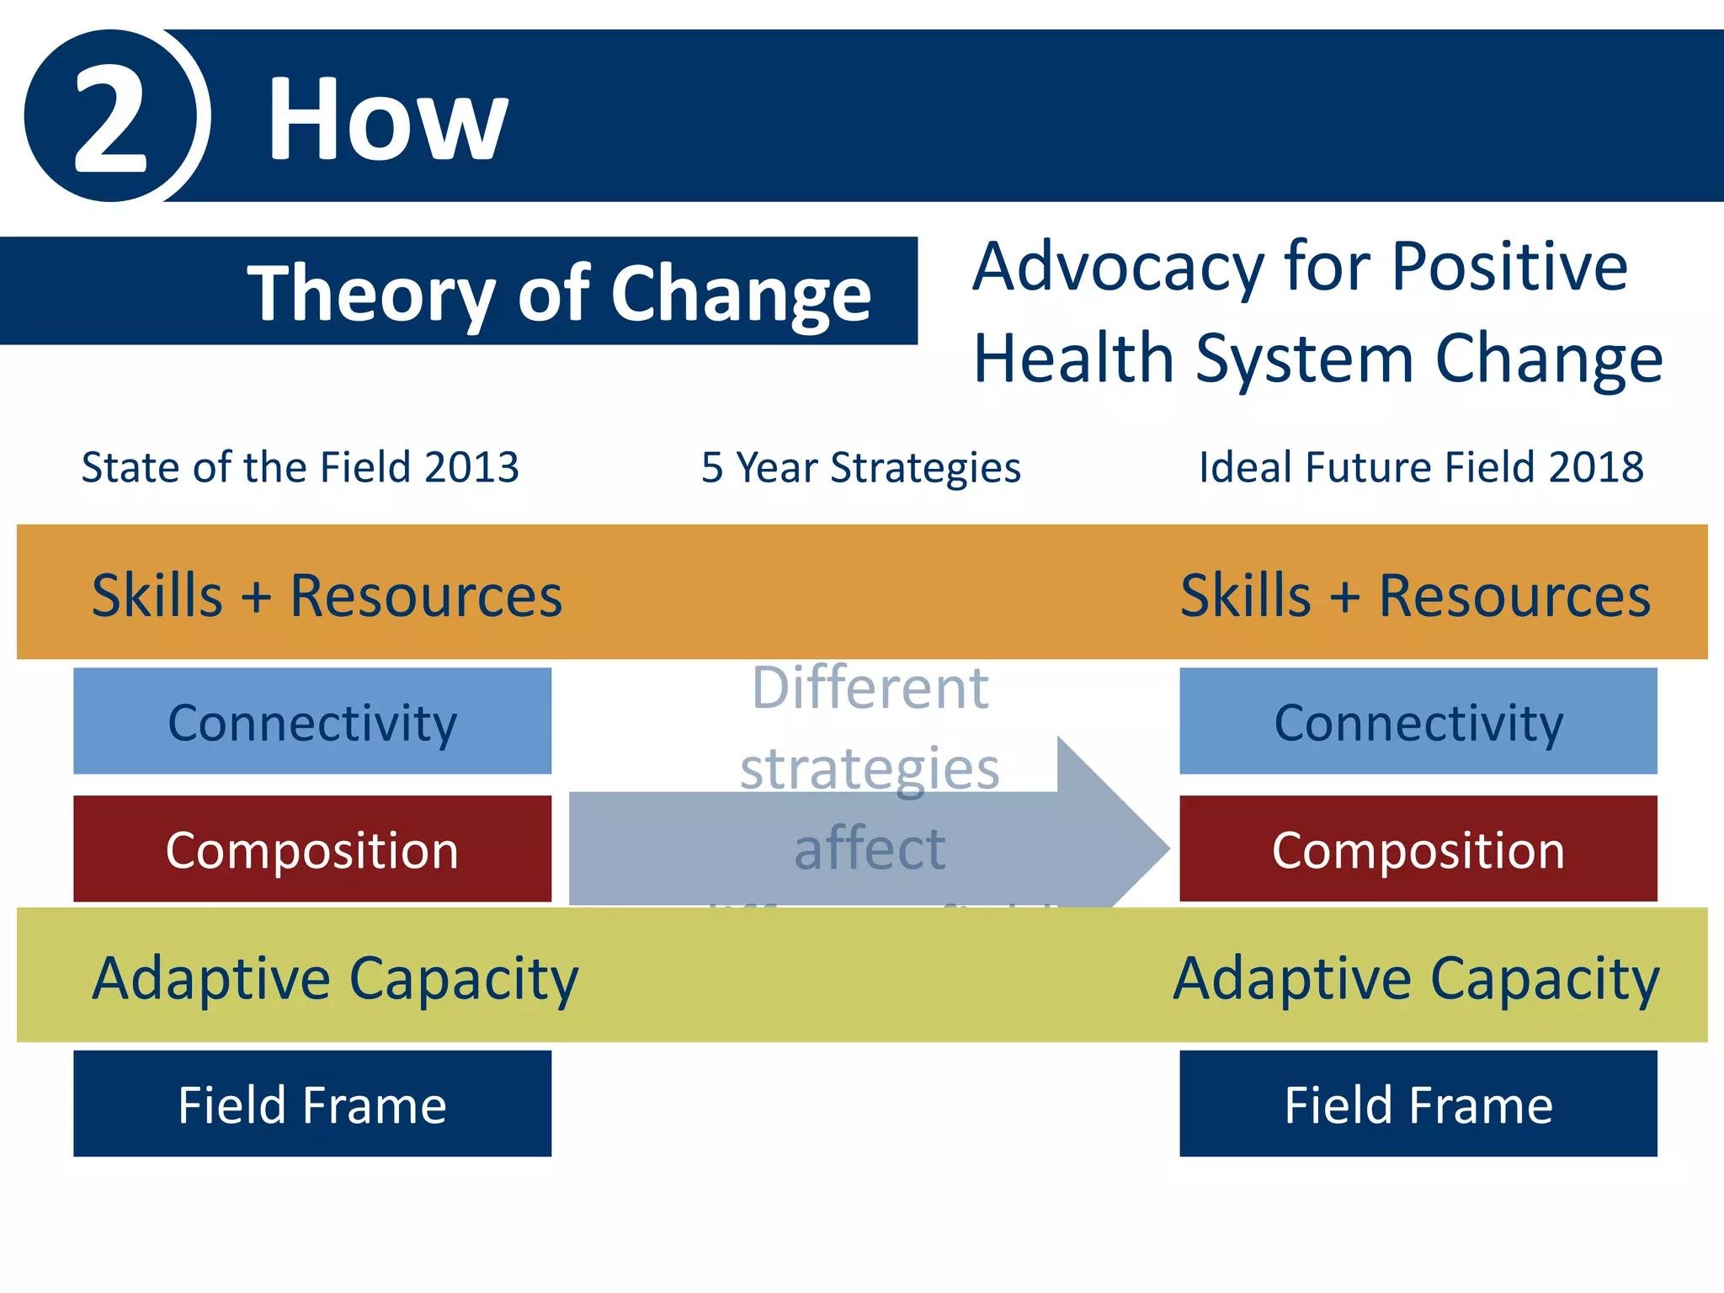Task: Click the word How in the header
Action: click(387, 119)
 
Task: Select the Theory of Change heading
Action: click(559, 293)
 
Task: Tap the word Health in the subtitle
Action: click(1072, 359)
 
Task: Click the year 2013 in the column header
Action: click(471, 467)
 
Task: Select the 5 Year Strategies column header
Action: click(860, 468)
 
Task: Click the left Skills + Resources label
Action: click(327, 596)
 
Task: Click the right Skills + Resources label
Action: click(1415, 596)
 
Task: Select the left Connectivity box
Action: click(312, 721)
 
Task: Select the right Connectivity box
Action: click(1418, 721)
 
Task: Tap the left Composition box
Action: click(312, 849)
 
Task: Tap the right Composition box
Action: click(1418, 849)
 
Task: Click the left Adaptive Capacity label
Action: click(335, 978)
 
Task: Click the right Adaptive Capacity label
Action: click(1416, 978)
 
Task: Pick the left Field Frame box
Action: click(312, 1104)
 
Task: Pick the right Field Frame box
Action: click(1418, 1104)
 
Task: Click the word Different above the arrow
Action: click(870, 689)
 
